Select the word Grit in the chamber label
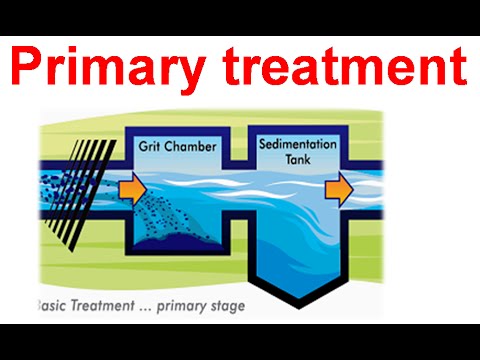(x=149, y=147)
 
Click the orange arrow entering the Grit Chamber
(x=130, y=189)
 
